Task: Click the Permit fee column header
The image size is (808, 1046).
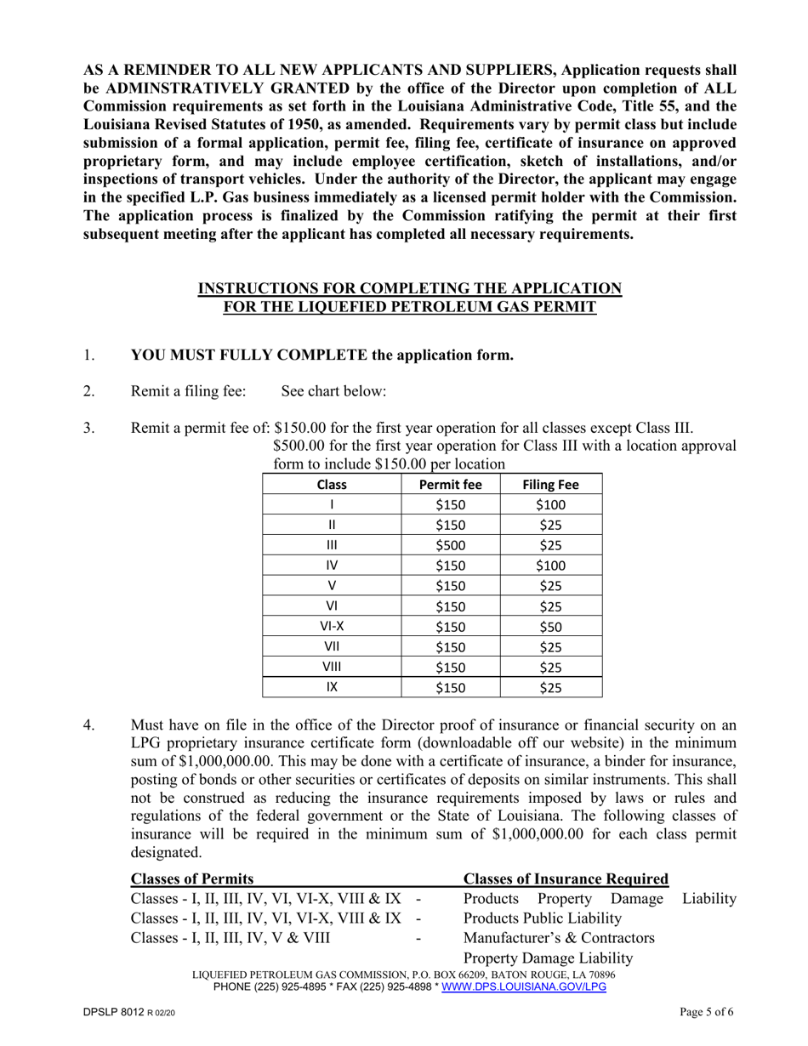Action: pyautogui.click(x=451, y=485)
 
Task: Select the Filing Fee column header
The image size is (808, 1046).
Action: pyautogui.click(x=550, y=485)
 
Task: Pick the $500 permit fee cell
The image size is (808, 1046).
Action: pyautogui.click(x=451, y=544)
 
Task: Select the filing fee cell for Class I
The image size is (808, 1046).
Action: pyautogui.click(x=550, y=505)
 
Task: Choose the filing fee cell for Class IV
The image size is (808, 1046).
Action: pyautogui.click(x=550, y=565)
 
